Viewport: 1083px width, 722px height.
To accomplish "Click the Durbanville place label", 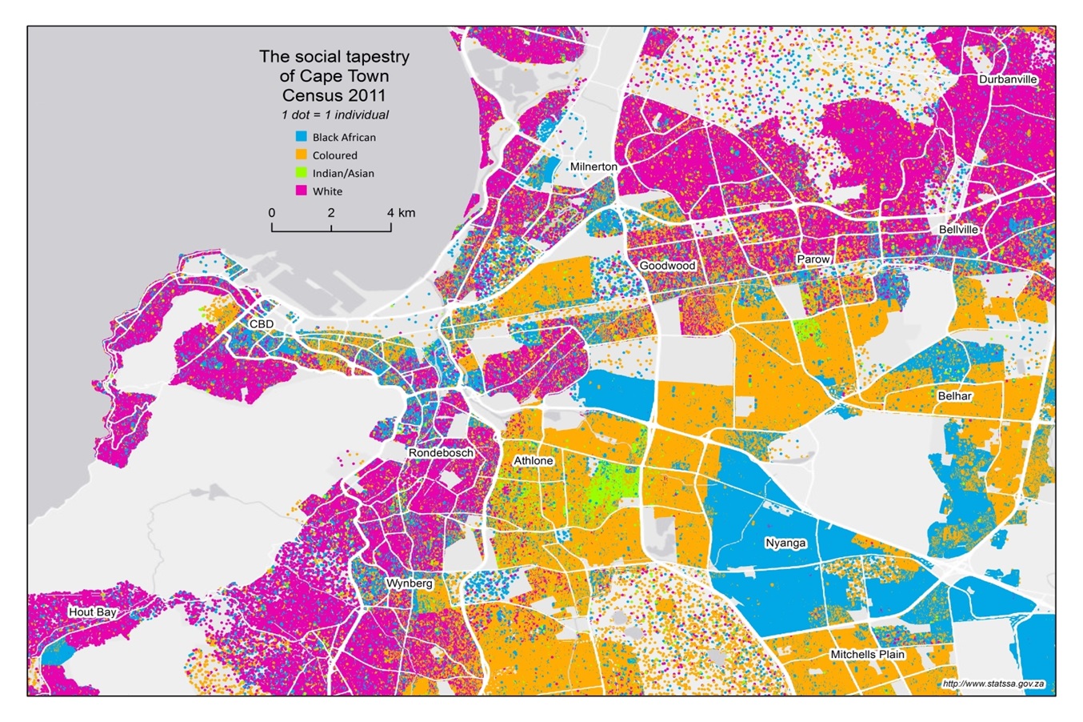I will [x=1008, y=79].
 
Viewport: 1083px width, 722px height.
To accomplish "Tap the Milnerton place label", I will [x=593, y=166].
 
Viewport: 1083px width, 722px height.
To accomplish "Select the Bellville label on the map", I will [x=958, y=229].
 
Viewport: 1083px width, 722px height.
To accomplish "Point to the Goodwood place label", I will [x=667, y=266].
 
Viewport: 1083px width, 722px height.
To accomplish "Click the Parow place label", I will [x=813, y=259].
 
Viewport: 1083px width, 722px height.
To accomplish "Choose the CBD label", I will [x=261, y=324].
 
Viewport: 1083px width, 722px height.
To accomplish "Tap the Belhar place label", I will [x=955, y=395].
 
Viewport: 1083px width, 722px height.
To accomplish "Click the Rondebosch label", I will [x=441, y=453].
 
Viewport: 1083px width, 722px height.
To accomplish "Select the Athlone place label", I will [x=533, y=461].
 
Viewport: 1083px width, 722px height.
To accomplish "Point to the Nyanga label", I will [x=785, y=543].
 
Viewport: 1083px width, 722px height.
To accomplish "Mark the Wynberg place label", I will [x=409, y=584].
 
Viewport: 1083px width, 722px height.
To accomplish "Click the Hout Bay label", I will [x=92, y=612].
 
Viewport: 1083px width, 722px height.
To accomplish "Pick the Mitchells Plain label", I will [x=867, y=654].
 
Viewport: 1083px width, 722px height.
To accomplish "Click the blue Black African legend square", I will [x=301, y=137].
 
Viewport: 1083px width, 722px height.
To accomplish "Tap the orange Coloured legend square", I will [x=301, y=154].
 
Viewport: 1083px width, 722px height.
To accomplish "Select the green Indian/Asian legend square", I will [x=301, y=173].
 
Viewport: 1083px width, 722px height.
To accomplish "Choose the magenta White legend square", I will [x=301, y=191].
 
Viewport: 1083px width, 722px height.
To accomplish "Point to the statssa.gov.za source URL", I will [x=993, y=684].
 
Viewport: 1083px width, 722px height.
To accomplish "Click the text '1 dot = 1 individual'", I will [x=334, y=114].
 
